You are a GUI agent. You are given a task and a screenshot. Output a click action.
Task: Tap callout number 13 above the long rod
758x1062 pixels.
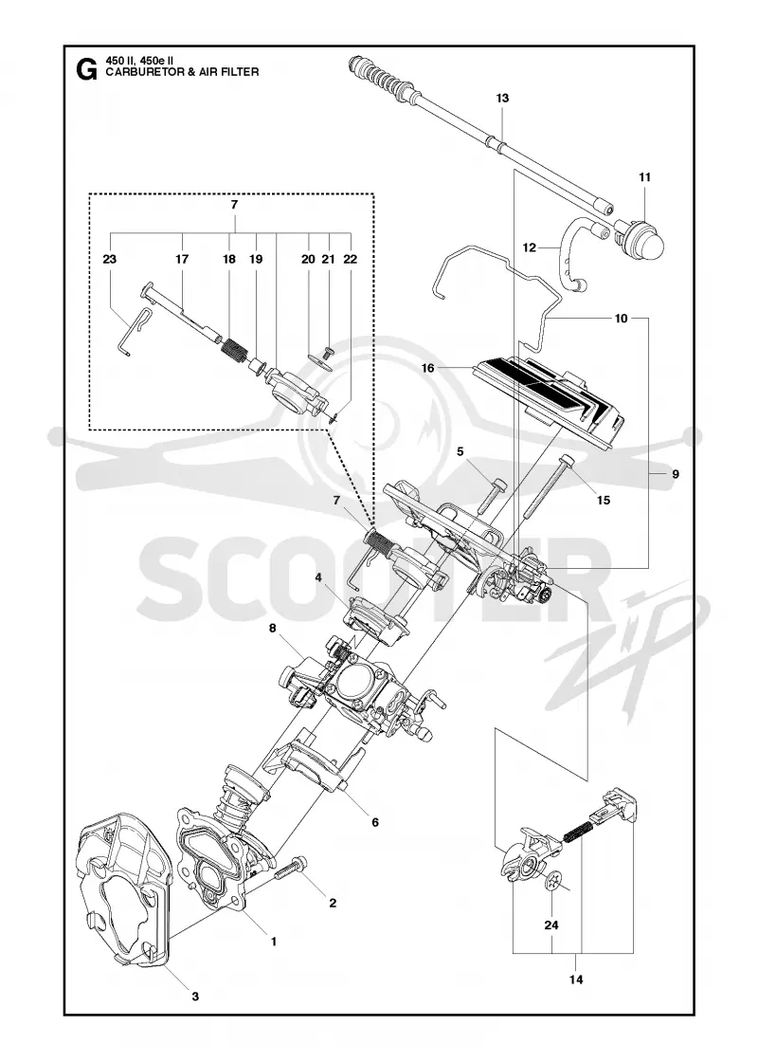tap(501, 99)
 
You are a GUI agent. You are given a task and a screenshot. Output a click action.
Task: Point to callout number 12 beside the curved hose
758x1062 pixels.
tap(530, 247)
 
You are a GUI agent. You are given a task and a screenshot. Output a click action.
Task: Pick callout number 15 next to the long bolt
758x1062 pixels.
tap(603, 500)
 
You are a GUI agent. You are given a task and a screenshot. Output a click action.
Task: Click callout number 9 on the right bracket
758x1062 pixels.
tap(676, 474)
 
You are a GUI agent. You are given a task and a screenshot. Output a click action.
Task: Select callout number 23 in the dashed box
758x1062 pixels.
tap(110, 259)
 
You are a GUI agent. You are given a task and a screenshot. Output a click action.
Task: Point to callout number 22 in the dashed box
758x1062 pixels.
tap(350, 259)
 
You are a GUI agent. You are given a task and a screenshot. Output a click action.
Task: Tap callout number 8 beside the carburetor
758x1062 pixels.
tap(273, 628)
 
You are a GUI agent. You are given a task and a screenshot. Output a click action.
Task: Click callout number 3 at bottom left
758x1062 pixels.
tap(195, 997)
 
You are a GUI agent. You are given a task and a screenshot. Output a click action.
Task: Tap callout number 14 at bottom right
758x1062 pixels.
tap(576, 980)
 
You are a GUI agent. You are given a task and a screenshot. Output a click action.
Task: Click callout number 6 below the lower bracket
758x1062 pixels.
tap(374, 822)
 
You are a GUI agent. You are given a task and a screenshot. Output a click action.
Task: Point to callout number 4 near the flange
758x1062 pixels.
tap(317, 577)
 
